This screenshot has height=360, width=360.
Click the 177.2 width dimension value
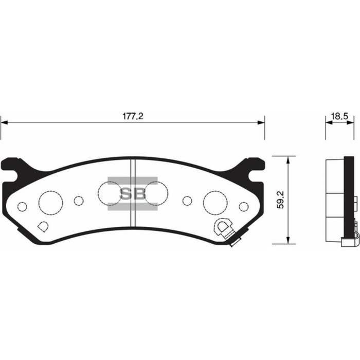point(133,117)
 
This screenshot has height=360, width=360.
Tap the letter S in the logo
point(125,194)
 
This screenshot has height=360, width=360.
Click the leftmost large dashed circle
point(51,201)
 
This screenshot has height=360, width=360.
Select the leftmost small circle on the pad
point(22,207)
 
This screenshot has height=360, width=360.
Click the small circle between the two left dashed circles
point(79,201)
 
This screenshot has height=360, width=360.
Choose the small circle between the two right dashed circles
point(187,201)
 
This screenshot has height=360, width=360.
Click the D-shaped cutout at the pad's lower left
point(43,226)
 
